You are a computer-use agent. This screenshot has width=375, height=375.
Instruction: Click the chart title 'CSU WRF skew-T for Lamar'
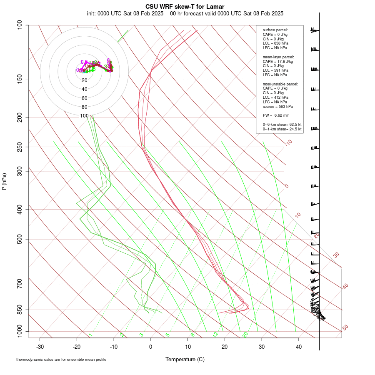[185, 7]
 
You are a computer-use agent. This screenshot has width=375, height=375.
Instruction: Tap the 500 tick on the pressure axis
[20, 239]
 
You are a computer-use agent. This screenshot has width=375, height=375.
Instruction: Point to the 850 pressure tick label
[20, 310]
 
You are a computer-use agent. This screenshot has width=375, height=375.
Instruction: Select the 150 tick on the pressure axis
[20, 79]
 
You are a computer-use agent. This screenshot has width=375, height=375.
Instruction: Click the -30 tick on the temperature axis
[40, 347]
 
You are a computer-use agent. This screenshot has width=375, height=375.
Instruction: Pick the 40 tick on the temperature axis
[299, 347]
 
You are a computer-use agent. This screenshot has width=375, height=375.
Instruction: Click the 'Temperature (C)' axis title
[185, 359]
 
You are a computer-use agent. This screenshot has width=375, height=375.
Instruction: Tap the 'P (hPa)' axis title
[4, 181]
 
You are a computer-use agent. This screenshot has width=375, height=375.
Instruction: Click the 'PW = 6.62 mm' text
[276, 115]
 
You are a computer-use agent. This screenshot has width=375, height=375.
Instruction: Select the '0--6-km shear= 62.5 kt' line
[282, 125]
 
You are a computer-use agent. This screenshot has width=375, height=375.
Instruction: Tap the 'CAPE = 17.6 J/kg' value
[278, 61]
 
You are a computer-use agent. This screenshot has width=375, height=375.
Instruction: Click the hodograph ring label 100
[85, 116]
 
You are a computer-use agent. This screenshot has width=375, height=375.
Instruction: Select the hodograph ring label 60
[85, 98]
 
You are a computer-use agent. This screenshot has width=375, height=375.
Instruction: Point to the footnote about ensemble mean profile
[64, 359]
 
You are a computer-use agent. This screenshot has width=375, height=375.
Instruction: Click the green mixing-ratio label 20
[245, 335]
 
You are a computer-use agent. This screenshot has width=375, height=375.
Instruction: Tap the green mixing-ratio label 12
[215, 335]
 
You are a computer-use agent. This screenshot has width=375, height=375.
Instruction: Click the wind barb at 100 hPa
[315, 30]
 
